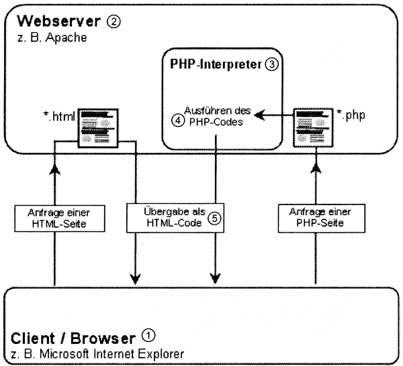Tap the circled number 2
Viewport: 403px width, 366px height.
click(x=113, y=21)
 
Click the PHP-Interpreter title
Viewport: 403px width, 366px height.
click(x=212, y=65)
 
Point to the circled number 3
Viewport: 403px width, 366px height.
click(x=271, y=65)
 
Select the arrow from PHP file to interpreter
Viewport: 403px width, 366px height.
click(x=275, y=115)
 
